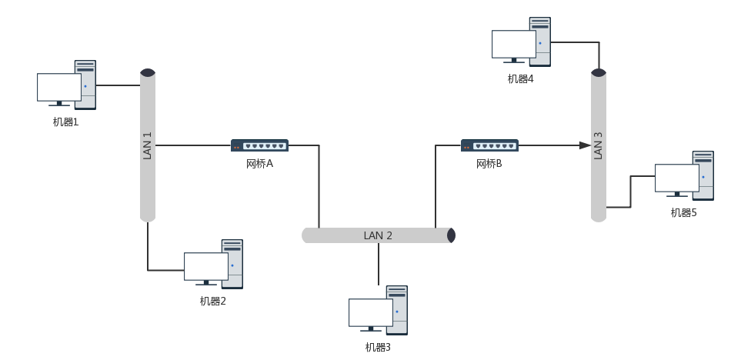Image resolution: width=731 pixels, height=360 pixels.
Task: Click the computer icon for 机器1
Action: click(x=67, y=85)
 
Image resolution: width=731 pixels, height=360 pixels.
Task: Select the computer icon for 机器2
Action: click(x=213, y=265)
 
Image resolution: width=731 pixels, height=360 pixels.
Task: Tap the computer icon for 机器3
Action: click(x=378, y=309)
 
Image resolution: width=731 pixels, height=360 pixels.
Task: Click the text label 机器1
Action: click(x=65, y=122)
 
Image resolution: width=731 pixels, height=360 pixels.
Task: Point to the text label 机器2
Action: click(x=212, y=301)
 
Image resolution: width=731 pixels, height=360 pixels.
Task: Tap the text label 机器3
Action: click(x=378, y=347)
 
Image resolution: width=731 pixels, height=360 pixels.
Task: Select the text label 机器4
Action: click(x=520, y=78)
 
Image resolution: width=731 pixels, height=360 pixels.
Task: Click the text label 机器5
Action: click(x=683, y=212)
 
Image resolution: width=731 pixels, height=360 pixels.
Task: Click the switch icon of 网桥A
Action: click(x=259, y=145)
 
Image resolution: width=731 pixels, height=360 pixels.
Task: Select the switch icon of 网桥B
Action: click(x=489, y=145)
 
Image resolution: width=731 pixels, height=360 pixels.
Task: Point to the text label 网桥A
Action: click(x=259, y=163)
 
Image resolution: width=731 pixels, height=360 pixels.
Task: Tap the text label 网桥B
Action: click(x=489, y=163)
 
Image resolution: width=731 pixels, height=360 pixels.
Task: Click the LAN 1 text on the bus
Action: click(x=148, y=145)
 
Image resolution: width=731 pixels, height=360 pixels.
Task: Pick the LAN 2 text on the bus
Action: click(x=378, y=235)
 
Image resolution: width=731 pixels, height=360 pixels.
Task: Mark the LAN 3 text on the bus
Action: click(x=599, y=145)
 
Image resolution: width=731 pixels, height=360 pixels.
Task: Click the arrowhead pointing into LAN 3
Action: click(x=585, y=145)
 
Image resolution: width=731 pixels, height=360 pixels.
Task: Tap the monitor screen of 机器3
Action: click(x=371, y=312)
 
